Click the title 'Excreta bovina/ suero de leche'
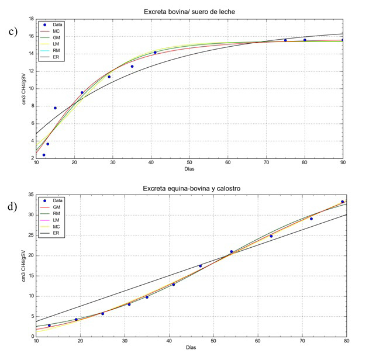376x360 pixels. [189, 12]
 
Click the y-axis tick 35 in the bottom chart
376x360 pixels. [30, 195]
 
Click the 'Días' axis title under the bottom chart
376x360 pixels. [191, 348]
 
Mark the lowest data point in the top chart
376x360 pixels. [44, 155]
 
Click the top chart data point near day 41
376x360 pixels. [155, 53]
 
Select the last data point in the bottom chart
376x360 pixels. [342, 202]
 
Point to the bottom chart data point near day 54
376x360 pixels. [232, 251]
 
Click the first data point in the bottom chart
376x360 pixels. [49, 326]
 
